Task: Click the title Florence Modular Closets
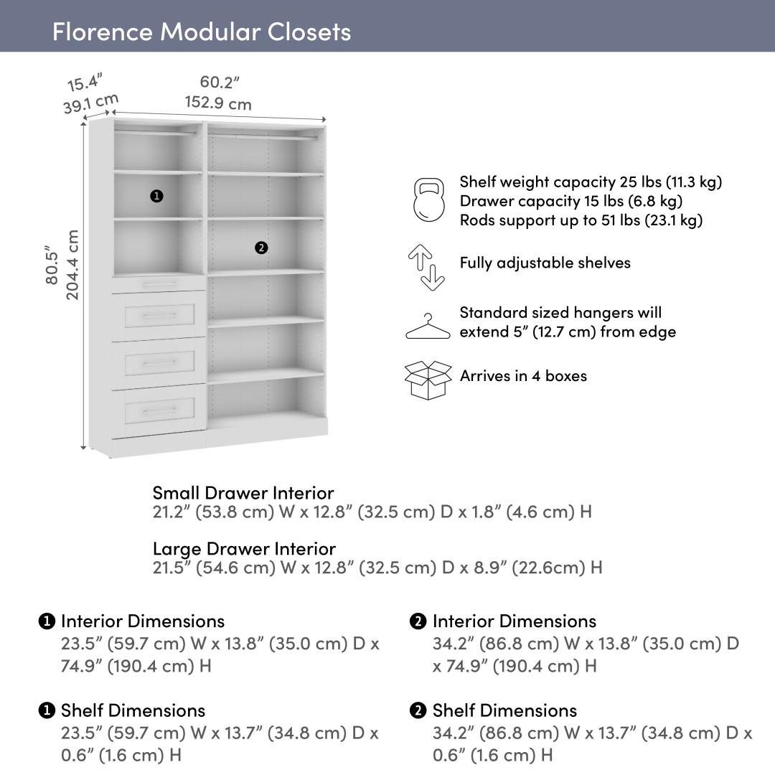pos(202,32)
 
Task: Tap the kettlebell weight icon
pos(428,200)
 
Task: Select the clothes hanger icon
pos(428,327)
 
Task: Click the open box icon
pos(428,380)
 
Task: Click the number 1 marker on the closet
pos(156,196)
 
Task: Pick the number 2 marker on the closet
pos(261,248)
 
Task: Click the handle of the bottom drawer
pos(159,410)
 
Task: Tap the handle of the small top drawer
pos(159,284)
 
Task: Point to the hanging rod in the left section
pos(156,133)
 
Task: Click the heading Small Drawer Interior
pos(243,493)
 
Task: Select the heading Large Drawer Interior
pos(244,549)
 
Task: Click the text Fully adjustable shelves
pos(545,263)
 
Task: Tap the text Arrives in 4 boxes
pos(523,375)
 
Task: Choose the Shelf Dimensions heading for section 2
pos(504,710)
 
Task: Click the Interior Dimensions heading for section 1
pos(142,621)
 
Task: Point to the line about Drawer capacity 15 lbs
pos(570,201)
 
